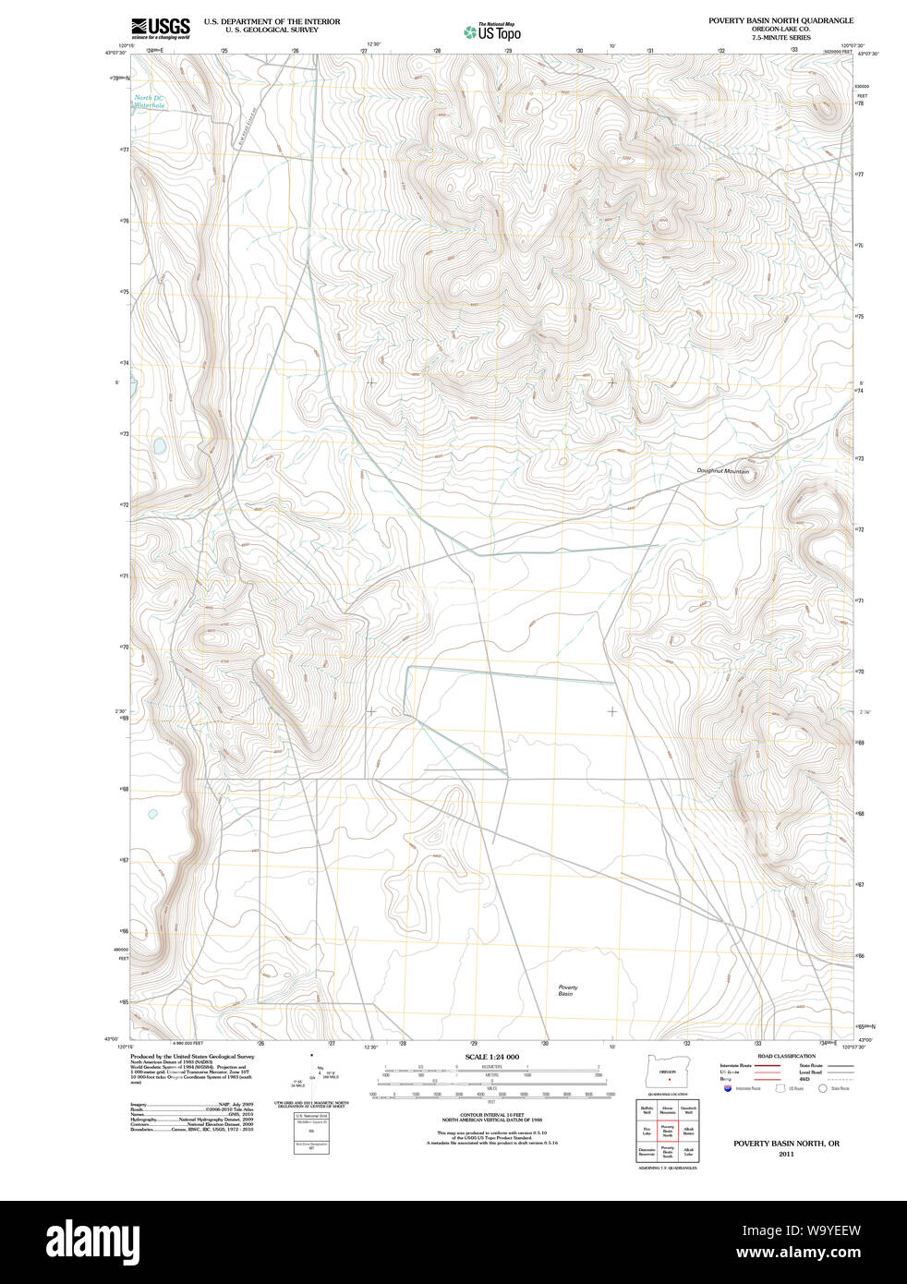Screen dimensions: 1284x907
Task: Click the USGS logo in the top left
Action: click(x=160, y=28)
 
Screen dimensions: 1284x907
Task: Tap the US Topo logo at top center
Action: click(x=492, y=32)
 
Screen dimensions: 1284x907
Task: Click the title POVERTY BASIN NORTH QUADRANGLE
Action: click(x=780, y=20)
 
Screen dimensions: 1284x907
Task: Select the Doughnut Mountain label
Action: click(x=722, y=471)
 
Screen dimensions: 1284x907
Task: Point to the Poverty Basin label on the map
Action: click(x=567, y=990)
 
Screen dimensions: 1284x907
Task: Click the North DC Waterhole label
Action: click(x=149, y=102)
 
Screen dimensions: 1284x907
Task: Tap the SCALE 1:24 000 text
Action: click(x=491, y=1057)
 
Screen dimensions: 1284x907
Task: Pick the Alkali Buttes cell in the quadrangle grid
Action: click(x=688, y=1130)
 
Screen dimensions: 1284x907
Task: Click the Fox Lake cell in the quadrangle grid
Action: click(x=647, y=1130)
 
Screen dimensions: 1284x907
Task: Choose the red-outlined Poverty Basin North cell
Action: click(x=667, y=1130)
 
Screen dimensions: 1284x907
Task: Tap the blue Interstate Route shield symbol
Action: click(x=729, y=1088)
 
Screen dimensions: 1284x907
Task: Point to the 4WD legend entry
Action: click(x=804, y=1079)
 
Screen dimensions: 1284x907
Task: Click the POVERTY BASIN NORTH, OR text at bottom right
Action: click(x=786, y=1144)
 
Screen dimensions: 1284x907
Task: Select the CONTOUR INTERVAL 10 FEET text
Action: click(x=491, y=1115)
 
